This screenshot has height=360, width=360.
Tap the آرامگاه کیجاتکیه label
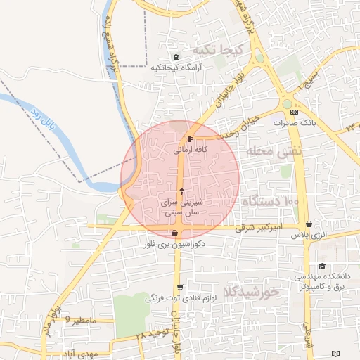tap(176, 68)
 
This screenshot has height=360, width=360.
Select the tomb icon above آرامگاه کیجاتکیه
tap(176, 57)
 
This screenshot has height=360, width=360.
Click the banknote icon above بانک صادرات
tap(293, 112)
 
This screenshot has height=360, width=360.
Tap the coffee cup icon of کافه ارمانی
tap(191, 139)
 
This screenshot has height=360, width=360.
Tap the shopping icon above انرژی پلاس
tap(309, 224)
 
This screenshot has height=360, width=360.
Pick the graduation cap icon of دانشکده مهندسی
tap(322, 266)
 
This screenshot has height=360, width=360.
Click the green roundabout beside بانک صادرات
tap(287, 104)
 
